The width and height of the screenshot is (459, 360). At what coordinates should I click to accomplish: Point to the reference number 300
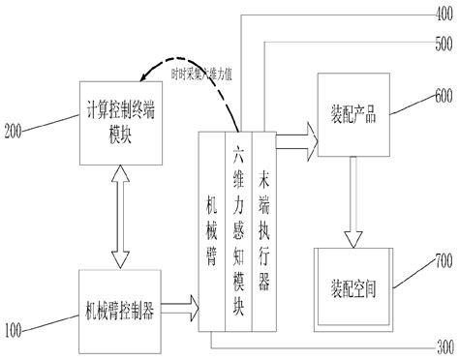click(444, 346)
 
